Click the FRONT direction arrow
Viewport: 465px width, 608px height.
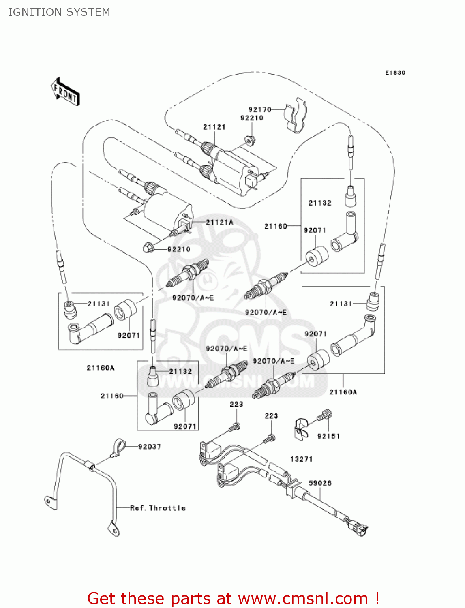point(65,92)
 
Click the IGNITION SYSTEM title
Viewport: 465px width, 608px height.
point(59,12)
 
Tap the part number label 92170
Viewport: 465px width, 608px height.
point(260,109)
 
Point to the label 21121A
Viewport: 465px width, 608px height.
point(219,222)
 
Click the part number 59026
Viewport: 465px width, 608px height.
point(320,483)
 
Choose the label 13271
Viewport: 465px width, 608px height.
point(301,459)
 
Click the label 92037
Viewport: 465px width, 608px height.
point(149,446)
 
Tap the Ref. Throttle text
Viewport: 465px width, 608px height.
point(158,508)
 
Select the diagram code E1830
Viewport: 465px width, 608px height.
point(395,73)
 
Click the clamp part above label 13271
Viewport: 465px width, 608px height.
point(300,427)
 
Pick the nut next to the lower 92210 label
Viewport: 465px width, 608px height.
point(148,247)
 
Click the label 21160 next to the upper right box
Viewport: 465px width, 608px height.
point(275,226)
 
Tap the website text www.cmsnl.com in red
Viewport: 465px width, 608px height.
point(303,599)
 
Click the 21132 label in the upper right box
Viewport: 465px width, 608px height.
point(319,203)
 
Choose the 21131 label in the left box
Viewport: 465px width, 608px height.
point(99,304)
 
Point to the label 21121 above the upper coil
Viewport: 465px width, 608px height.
point(214,127)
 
